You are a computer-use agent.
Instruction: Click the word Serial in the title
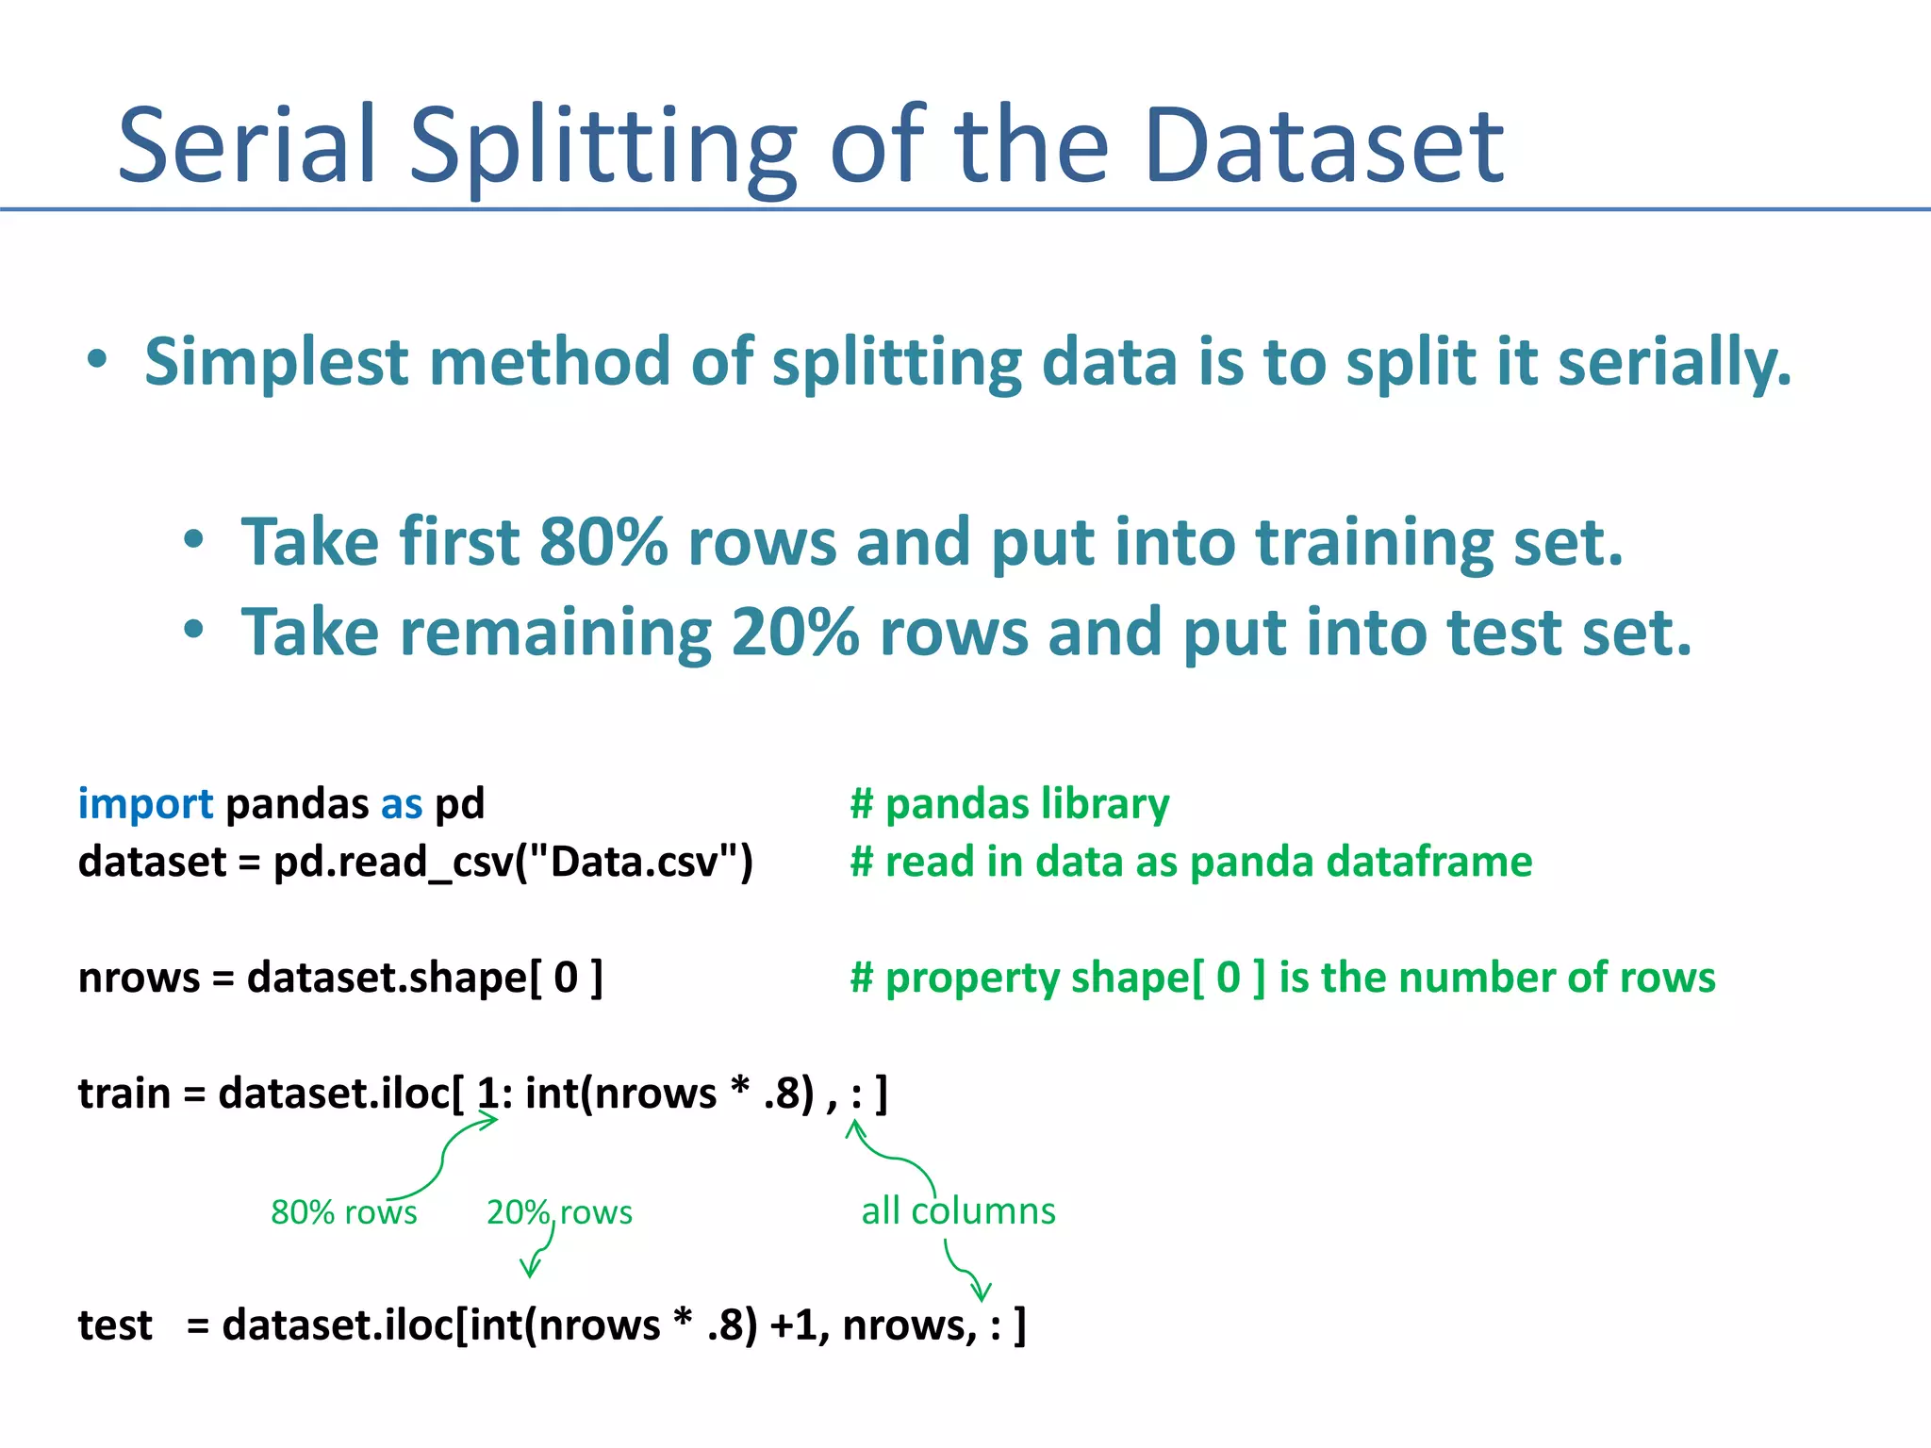pyautogui.click(x=247, y=146)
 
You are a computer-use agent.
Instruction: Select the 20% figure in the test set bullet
pyautogui.click(x=794, y=633)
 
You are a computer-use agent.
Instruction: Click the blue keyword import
pyautogui.click(x=145, y=804)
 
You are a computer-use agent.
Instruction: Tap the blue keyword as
pyautogui.click(x=402, y=804)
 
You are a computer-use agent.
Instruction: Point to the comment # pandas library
pyautogui.click(x=1009, y=804)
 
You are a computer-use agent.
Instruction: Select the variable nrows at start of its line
pyautogui.click(x=139, y=978)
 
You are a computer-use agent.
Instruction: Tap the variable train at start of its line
pyautogui.click(x=124, y=1094)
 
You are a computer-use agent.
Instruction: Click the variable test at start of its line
pyautogui.click(x=114, y=1325)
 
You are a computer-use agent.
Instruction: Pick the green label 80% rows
pyautogui.click(x=343, y=1212)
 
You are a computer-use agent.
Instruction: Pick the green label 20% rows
pyautogui.click(x=559, y=1212)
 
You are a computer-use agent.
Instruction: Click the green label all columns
pyautogui.click(x=958, y=1211)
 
